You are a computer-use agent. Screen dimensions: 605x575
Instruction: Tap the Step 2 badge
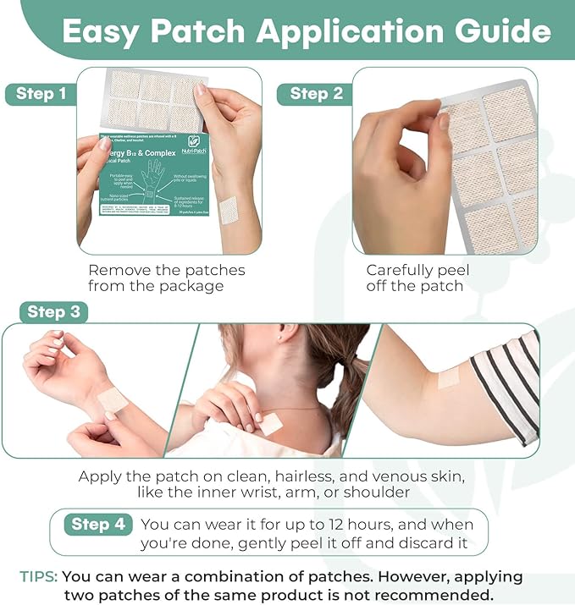tap(316, 94)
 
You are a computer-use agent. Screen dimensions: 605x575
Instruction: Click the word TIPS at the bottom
tap(39, 577)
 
